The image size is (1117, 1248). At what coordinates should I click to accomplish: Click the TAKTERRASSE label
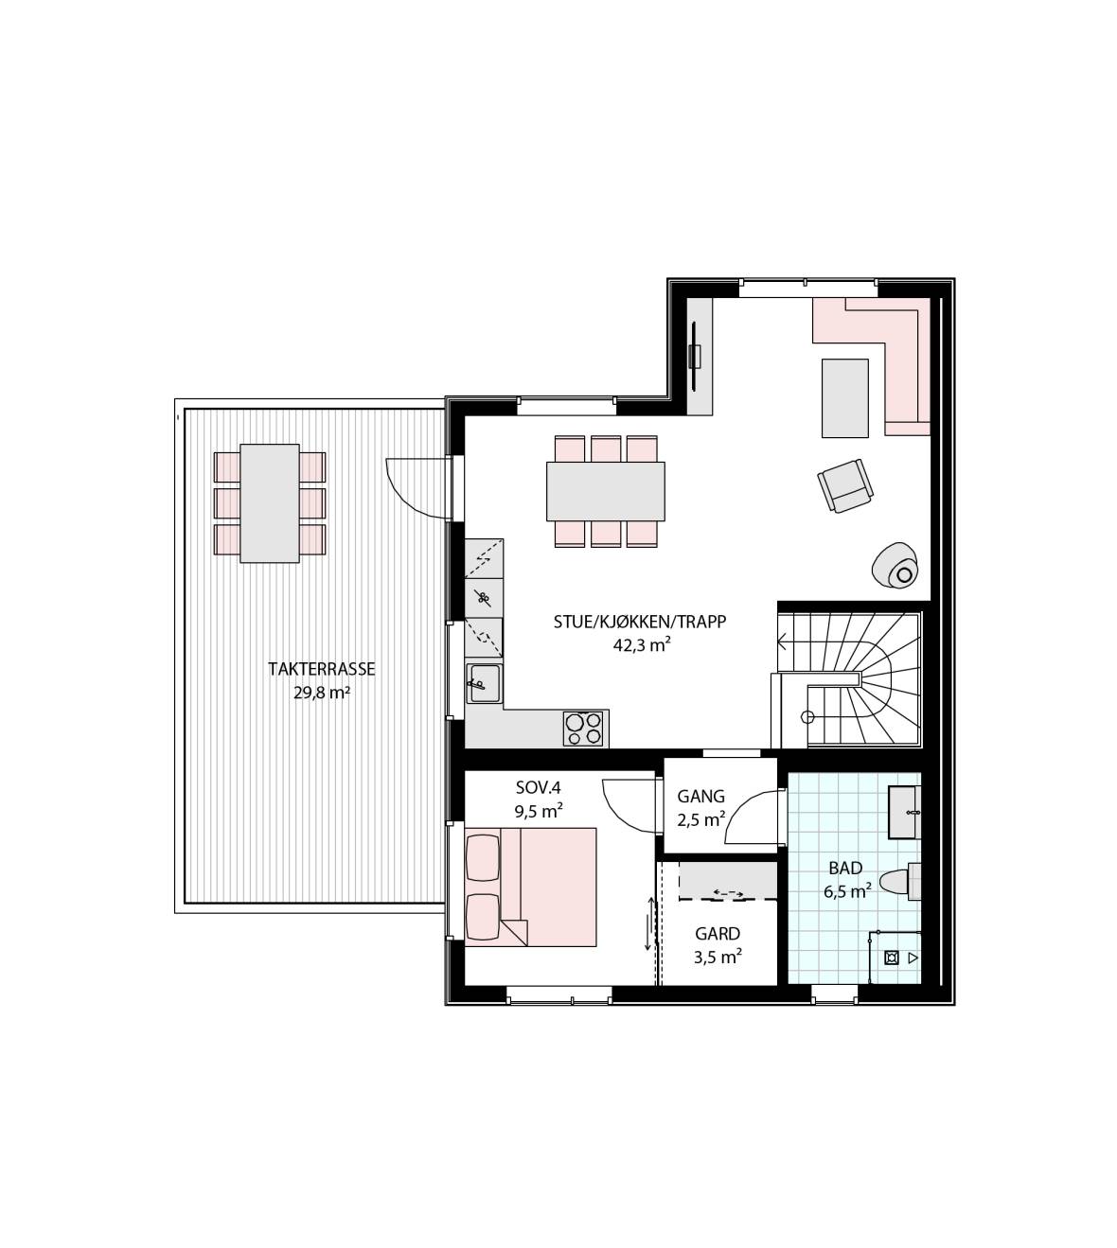pyautogui.click(x=321, y=669)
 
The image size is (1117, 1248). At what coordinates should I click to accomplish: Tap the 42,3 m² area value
pyautogui.click(x=642, y=644)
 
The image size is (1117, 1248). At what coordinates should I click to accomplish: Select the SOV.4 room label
pyautogui.click(x=539, y=787)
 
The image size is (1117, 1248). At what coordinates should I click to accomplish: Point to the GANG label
pyautogui.click(x=700, y=797)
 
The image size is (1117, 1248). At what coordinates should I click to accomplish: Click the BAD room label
pyautogui.click(x=845, y=868)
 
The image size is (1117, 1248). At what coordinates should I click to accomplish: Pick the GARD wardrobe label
pyautogui.click(x=718, y=934)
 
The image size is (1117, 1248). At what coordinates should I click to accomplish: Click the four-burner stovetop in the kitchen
pyautogui.click(x=583, y=729)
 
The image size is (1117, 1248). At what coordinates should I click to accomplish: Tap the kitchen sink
pyautogui.click(x=484, y=683)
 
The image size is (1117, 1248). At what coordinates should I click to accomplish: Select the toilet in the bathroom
pyautogui.click(x=900, y=881)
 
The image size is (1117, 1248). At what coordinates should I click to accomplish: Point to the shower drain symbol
pyautogui.click(x=892, y=958)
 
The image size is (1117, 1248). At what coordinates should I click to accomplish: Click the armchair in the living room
pyautogui.click(x=845, y=486)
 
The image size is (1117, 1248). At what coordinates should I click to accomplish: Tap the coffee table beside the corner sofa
pyautogui.click(x=844, y=398)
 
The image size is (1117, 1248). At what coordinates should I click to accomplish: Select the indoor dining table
pyautogui.click(x=605, y=492)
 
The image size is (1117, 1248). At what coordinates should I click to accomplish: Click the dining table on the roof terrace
pyautogui.click(x=270, y=503)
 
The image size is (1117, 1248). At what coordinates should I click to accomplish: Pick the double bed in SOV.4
pyautogui.click(x=531, y=887)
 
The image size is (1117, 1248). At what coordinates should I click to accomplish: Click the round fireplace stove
pyautogui.click(x=895, y=566)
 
